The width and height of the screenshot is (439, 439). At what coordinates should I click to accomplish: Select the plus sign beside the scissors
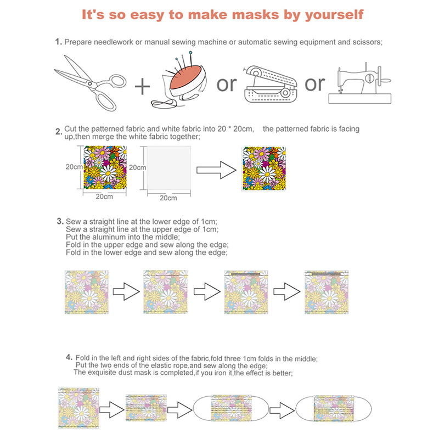tap(142, 87)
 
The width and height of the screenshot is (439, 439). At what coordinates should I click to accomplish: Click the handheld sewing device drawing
tap(271, 84)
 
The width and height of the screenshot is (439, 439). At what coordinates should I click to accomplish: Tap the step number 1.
tap(58, 42)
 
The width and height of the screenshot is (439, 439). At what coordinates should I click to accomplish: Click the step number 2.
tap(59, 132)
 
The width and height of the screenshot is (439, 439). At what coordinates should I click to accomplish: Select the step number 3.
tap(60, 221)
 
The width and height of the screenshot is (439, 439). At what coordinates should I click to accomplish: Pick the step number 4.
tap(69, 357)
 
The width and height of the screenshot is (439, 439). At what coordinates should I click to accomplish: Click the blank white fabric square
tap(169, 168)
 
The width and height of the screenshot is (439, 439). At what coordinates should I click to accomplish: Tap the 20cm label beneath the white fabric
tap(168, 198)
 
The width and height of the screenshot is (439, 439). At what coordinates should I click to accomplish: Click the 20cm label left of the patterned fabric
tap(74, 167)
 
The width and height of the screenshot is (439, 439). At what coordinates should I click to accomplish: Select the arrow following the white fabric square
tap(216, 170)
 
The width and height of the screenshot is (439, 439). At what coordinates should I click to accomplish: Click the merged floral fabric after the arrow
tap(264, 169)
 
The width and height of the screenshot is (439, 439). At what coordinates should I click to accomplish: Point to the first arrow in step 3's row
tap(126, 292)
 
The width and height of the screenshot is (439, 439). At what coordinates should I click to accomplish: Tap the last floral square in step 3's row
tap(327, 292)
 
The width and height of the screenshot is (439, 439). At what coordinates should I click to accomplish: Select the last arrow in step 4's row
tap(282, 410)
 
